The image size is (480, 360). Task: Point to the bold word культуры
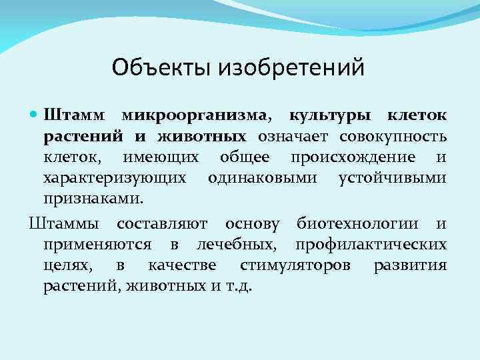click(x=331, y=117)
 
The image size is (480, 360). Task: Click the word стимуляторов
click(x=294, y=265)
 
